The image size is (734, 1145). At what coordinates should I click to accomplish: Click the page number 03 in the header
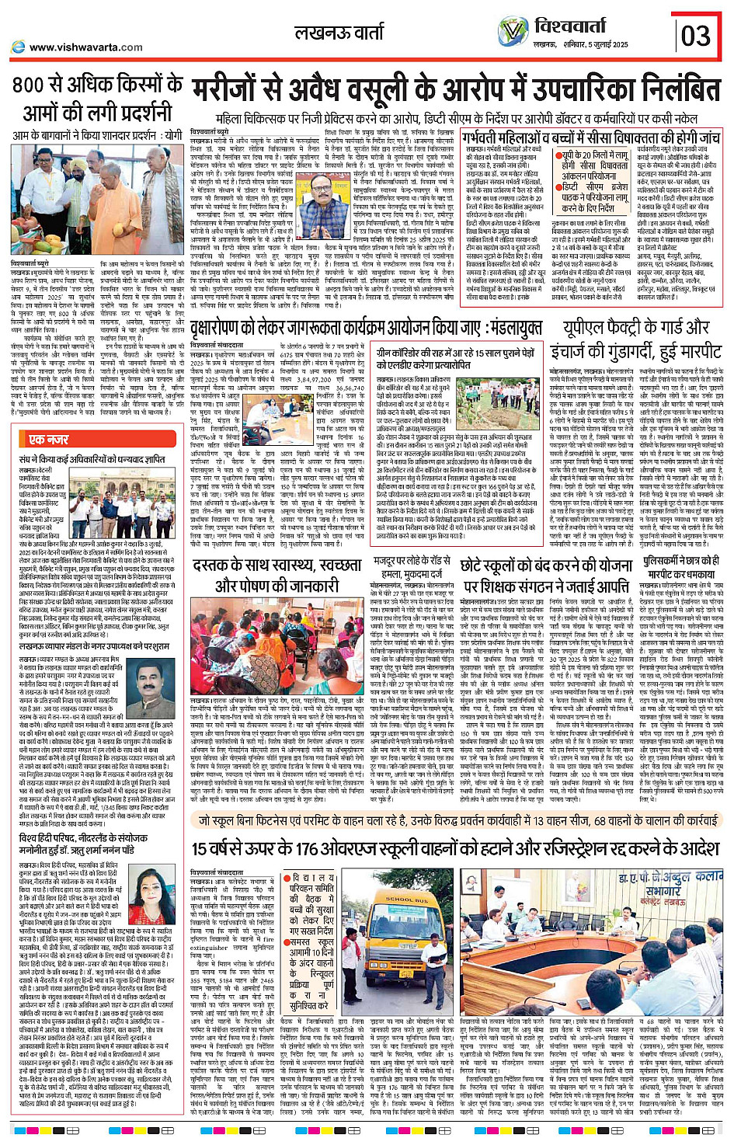696,36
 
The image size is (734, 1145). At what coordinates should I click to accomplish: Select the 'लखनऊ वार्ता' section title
339,33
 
